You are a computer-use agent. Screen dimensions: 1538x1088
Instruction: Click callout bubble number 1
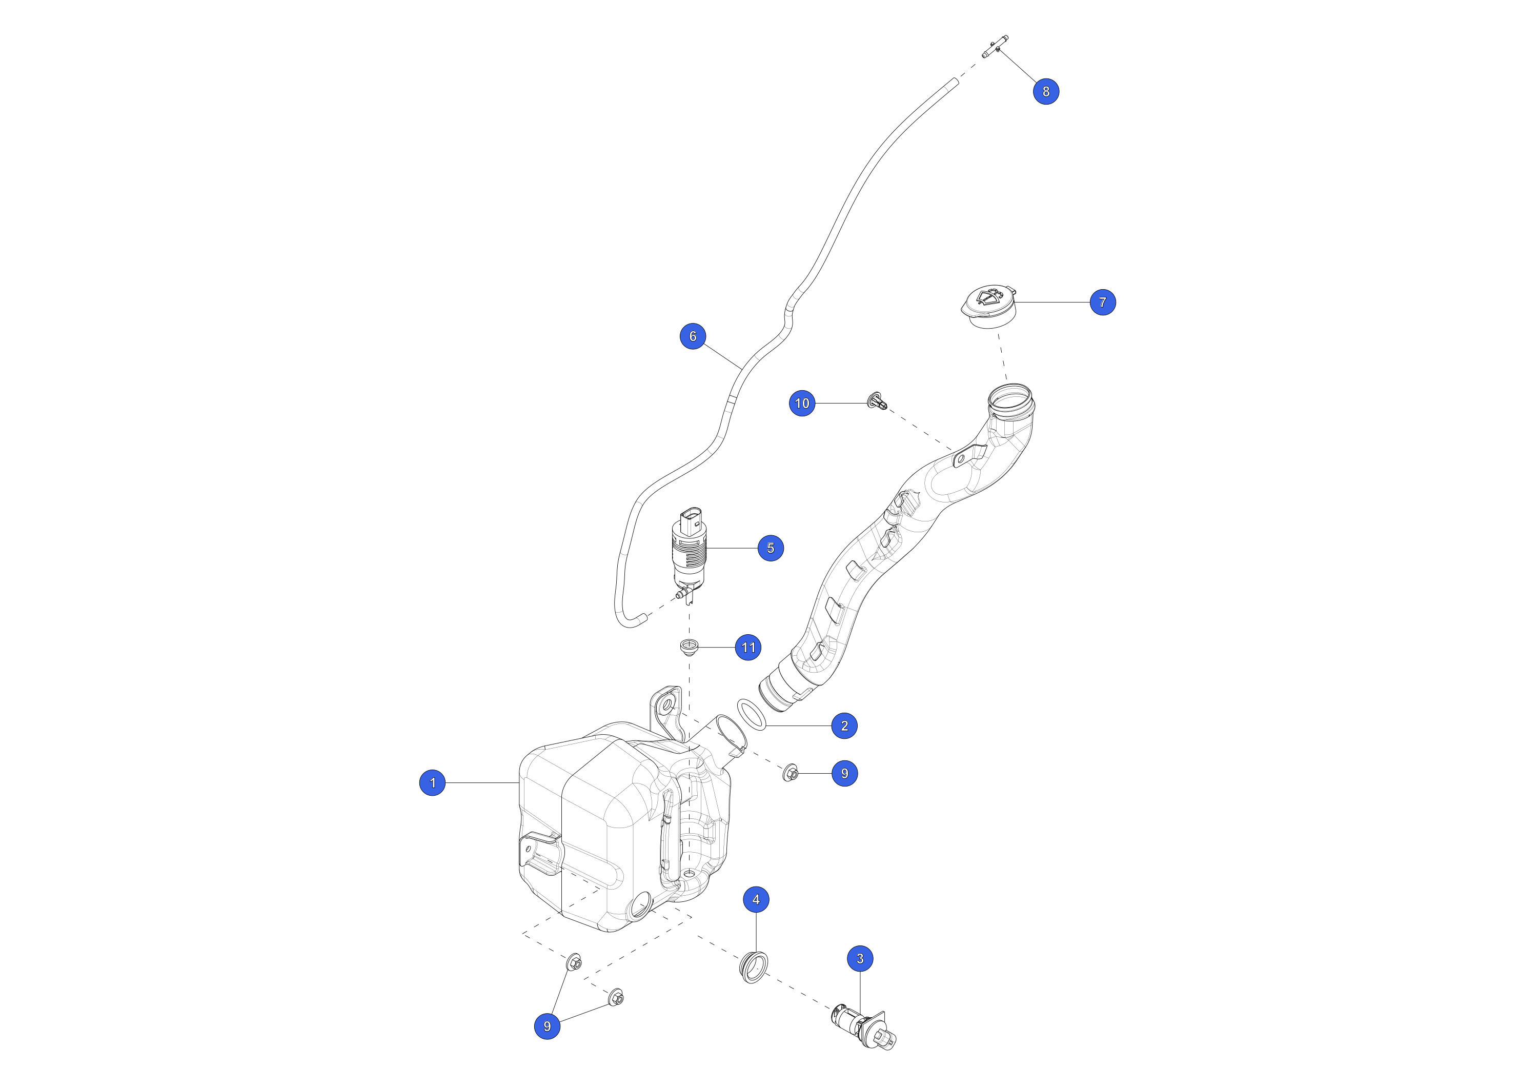tap(432, 782)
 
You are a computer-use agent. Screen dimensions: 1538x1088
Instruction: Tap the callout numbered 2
tap(844, 726)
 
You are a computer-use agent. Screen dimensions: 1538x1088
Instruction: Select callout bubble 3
tap(860, 959)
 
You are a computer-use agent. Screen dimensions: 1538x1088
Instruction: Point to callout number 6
tap(693, 336)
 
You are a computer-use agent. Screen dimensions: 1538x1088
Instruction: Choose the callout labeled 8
tap(1046, 91)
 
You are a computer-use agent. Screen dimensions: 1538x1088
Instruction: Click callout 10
tap(802, 404)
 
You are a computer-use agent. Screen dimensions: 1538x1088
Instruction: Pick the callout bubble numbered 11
tap(748, 647)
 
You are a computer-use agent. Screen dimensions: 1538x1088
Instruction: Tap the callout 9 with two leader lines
tap(548, 1026)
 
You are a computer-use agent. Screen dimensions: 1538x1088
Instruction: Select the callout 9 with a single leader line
tap(844, 773)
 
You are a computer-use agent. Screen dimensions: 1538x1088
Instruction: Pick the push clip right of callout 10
tap(878, 400)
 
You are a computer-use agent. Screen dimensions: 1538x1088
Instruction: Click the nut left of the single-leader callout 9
tap(791, 773)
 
